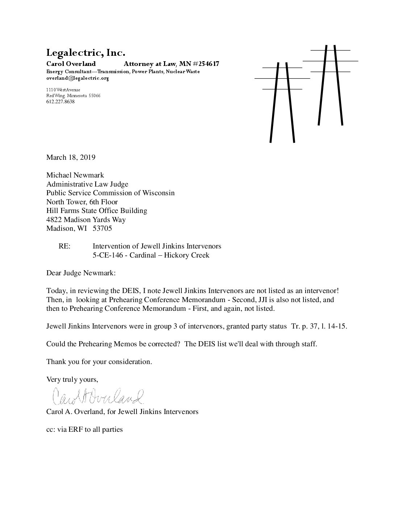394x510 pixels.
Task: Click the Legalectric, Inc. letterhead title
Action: coord(85,53)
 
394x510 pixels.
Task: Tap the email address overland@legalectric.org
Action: coord(77,78)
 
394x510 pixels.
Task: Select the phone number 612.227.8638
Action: coord(60,102)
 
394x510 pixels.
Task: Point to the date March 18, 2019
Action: coord(71,157)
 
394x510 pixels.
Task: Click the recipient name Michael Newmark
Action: coord(75,175)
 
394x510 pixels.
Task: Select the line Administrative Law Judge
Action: coord(87,184)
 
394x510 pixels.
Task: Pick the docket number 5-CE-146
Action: coord(108,255)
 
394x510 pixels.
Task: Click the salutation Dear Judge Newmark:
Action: coord(81,273)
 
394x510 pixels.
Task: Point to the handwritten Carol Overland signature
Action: coord(98,397)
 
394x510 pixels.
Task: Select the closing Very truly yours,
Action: coord(72,380)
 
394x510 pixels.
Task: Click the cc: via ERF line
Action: coord(84,430)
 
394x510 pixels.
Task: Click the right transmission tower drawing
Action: coord(330,85)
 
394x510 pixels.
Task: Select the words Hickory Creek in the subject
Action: coord(186,255)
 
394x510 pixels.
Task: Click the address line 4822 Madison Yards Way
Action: coord(86,220)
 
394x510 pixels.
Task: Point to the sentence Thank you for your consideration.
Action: coord(99,362)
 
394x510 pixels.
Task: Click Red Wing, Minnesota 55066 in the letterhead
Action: coord(73,96)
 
